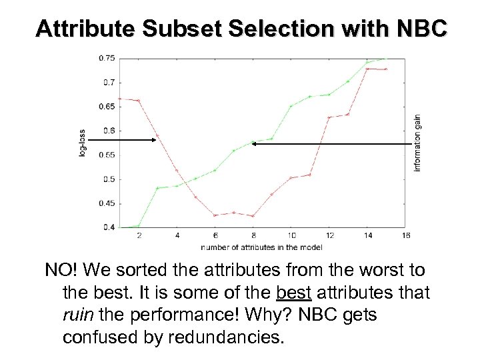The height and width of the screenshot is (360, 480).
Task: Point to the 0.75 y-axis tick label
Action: pyautogui.click(x=107, y=58)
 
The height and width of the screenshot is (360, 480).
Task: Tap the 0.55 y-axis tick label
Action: pyautogui.click(x=107, y=155)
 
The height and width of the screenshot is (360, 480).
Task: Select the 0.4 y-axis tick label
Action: pyautogui.click(x=109, y=227)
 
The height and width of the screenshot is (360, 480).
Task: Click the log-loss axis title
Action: pyautogui.click(x=82, y=143)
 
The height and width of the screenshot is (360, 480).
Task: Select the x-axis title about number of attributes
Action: pyautogui.click(x=261, y=247)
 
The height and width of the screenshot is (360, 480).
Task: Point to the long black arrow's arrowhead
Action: pyautogui.click(x=255, y=143)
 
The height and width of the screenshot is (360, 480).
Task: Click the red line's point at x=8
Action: pyautogui.click(x=253, y=216)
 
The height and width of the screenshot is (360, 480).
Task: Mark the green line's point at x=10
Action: pyautogui.click(x=291, y=106)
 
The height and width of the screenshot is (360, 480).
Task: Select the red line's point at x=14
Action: pyautogui.click(x=367, y=69)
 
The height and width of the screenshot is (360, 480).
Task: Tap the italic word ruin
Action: pyautogui.click(x=77, y=314)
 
